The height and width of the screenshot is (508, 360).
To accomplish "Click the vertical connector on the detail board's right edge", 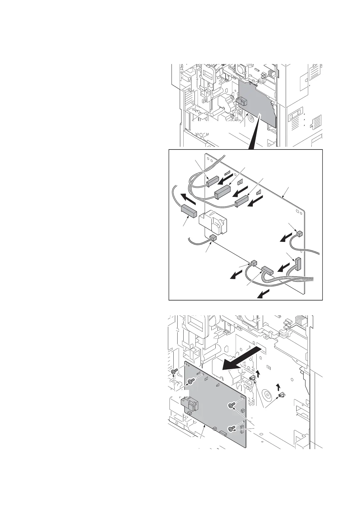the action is click(299, 264).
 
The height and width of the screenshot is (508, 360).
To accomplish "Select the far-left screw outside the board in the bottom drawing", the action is click(174, 372).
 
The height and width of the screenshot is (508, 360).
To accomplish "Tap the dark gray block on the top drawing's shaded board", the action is click(242, 102).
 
